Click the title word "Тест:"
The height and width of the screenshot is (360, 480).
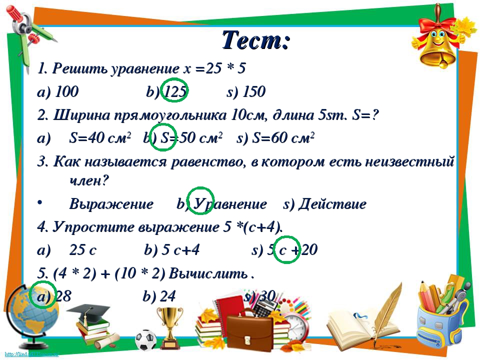255,39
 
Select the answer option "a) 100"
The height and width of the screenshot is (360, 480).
58,92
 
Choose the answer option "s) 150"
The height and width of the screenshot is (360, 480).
246,92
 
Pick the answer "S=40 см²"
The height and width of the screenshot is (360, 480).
100,138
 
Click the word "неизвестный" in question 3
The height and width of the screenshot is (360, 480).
409,161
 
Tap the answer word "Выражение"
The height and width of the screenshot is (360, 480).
111,204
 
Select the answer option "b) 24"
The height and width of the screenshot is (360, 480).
159,296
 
